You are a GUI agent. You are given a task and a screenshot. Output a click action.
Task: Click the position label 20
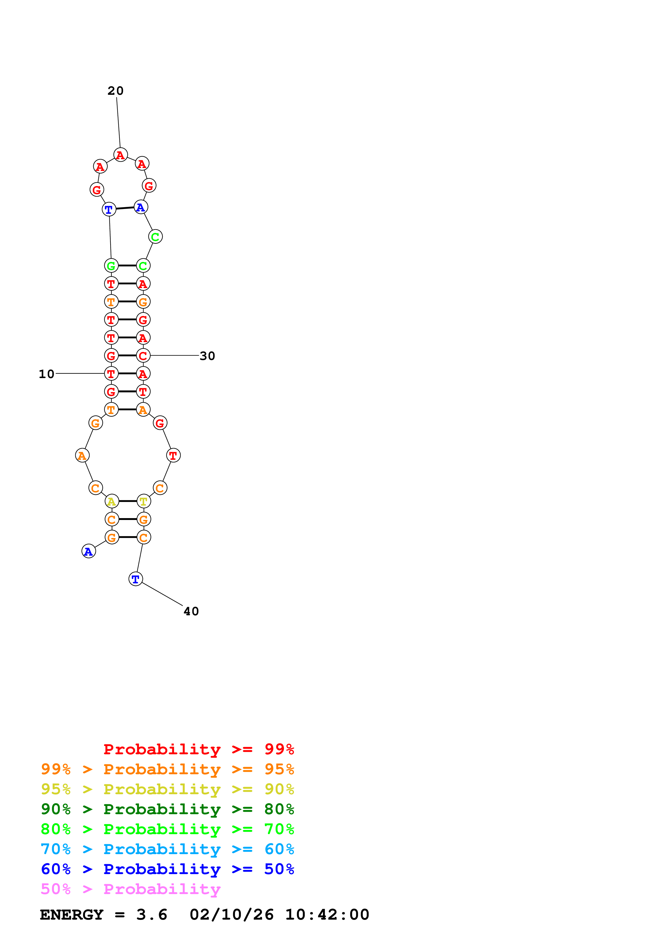116,91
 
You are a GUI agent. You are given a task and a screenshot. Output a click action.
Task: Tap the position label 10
46,374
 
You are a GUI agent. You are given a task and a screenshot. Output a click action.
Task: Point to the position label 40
191,611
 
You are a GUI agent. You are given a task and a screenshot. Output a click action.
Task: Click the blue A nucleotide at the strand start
89,551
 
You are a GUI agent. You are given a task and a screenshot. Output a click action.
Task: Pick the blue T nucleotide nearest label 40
136,579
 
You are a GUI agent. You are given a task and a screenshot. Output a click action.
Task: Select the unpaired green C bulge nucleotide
155,236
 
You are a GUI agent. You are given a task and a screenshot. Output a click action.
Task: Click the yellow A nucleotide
112,501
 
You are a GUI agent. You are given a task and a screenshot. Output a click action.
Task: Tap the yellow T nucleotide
144,501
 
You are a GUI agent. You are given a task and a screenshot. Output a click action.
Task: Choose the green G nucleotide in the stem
111,266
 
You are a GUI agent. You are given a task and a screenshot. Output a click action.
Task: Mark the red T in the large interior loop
173,455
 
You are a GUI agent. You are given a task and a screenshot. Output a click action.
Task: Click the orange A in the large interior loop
82,455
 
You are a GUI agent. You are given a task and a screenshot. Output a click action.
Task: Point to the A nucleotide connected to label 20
120,155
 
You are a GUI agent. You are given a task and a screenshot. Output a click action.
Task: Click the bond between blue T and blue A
125,208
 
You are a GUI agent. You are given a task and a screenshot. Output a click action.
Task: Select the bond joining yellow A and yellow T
128,501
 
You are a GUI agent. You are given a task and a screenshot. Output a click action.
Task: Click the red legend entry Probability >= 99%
198,749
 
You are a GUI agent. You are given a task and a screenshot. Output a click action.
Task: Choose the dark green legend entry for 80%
167,809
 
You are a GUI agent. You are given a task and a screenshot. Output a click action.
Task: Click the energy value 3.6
152,915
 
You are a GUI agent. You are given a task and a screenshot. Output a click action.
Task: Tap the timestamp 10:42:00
327,915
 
